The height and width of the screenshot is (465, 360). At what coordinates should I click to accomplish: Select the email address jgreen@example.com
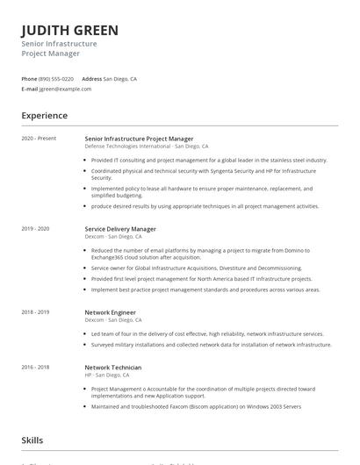point(66,89)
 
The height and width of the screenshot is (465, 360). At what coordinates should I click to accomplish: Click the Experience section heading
point(44,116)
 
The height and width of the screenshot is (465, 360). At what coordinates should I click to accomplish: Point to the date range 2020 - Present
point(39,138)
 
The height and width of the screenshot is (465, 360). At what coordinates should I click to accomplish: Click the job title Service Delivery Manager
point(120,229)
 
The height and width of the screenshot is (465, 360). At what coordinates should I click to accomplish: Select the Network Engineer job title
point(111,311)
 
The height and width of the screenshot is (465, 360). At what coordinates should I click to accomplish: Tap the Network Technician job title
point(113,367)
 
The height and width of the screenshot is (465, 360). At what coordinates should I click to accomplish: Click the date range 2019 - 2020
point(35,229)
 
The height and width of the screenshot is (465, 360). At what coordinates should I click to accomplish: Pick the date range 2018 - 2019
point(35,311)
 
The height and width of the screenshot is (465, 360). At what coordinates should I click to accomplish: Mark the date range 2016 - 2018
point(35,367)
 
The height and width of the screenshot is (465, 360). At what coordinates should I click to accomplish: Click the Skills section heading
point(32,441)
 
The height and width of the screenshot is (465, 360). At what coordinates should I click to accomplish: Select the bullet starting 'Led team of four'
point(206,333)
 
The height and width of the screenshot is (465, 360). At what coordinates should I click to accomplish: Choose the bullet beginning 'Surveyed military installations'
point(211,345)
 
